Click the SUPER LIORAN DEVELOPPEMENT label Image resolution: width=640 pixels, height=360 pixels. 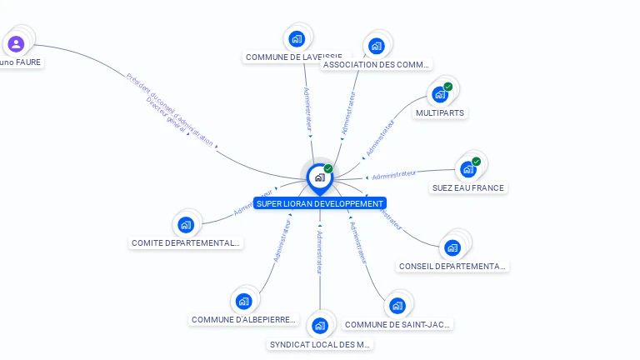[320, 203]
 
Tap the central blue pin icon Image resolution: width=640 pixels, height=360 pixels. [319, 177]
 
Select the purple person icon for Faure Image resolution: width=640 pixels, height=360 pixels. [16, 43]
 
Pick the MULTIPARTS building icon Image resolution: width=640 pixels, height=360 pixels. [440, 94]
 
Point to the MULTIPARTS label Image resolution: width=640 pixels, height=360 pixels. [440, 112]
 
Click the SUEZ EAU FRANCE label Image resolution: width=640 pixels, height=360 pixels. [467, 188]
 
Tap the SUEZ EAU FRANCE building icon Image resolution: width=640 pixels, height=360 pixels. [468, 169]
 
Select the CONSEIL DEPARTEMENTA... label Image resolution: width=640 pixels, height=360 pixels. [452, 267]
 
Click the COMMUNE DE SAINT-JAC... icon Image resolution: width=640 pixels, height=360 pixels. [397, 306]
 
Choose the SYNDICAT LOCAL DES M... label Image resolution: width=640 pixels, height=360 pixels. [321, 344]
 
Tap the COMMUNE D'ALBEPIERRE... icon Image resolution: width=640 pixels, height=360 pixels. [243, 301]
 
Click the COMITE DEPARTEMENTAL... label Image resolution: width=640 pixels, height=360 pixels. [186, 243]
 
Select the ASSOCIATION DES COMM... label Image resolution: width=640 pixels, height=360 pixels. [377, 64]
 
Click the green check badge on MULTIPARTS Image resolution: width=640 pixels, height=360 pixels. [448, 87]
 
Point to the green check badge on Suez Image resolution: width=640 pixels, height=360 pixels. [477, 162]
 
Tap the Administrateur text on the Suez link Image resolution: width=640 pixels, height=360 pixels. [394, 175]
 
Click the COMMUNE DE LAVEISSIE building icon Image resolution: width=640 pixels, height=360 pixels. [297, 38]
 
